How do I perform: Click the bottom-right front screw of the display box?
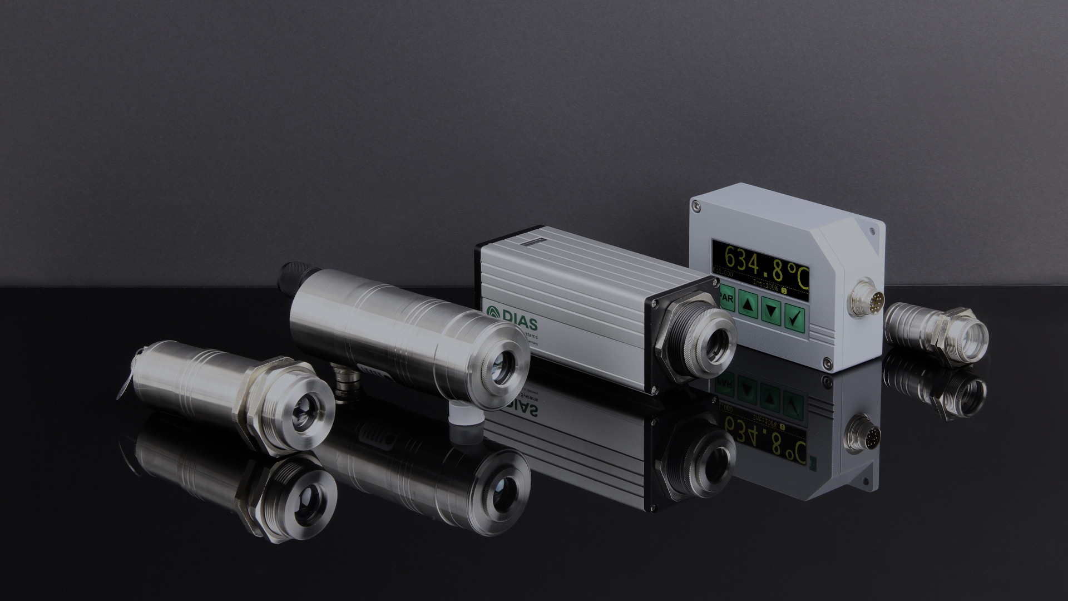[x=828, y=362]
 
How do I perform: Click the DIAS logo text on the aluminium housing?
[x=511, y=313]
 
